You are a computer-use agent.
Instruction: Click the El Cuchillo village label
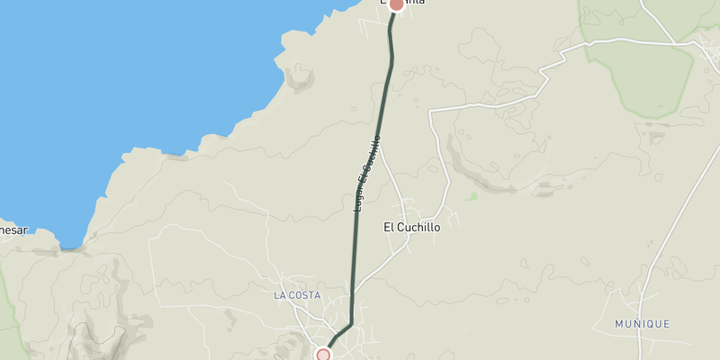pyautogui.click(x=412, y=228)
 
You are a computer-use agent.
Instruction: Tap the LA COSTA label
pyautogui.click(x=297, y=295)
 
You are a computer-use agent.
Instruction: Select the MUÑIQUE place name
pyautogui.click(x=642, y=324)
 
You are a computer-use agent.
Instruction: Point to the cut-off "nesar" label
pyautogui.click(x=13, y=229)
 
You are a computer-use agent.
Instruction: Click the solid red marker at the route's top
pyautogui.click(x=395, y=4)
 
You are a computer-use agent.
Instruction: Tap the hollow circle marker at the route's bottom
pyautogui.click(x=323, y=355)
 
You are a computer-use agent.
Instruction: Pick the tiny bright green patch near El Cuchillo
pyautogui.click(x=471, y=195)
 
